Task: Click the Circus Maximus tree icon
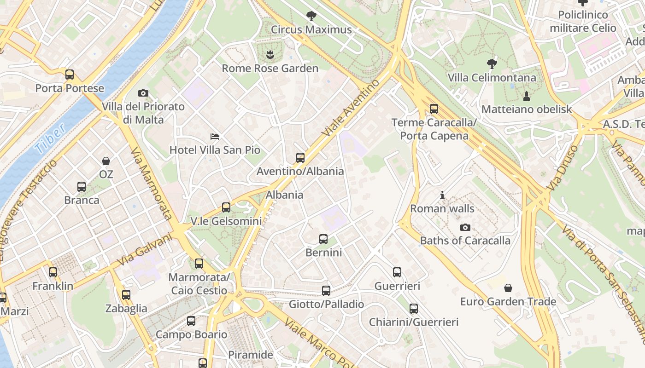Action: click(x=311, y=16)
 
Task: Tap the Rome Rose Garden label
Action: click(x=270, y=69)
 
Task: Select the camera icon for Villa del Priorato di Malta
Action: click(x=143, y=93)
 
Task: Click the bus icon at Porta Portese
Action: click(x=70, y=75)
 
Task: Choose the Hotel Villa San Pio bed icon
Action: click(x=215, y=136)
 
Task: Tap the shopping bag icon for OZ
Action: click(x=106, y=161)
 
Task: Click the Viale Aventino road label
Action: click(x=351, y=108)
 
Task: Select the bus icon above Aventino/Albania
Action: click(x=300, y=158)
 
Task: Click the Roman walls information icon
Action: click(x=442, y=195)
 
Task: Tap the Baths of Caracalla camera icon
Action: click(x=465, y=227)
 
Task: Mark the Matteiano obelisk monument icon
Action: click(x=527, y=96)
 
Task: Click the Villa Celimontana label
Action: click(x=492, y=78)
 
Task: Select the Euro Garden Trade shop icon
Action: click(x=508, y=288)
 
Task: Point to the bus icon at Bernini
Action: click(x=323, y=239)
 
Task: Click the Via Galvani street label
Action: click(x=144, y=250)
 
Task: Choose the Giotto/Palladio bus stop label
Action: click(x=326, y=305)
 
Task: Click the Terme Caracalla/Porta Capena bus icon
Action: click(x=434, y=109)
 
